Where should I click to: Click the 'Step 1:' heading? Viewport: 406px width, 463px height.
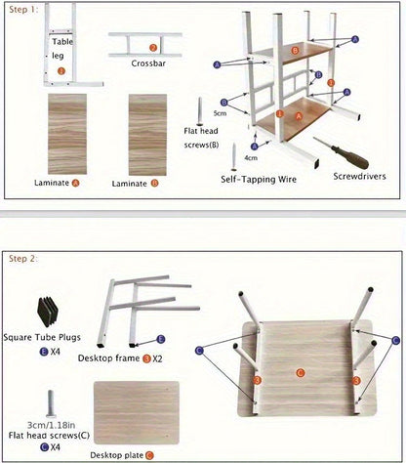tap(23, 10)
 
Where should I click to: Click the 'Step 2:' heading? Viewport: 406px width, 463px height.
tap(23, 259)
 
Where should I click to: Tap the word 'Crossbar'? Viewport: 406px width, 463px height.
tap(148, 63)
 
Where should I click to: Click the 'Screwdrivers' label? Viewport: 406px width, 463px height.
tap(359, 177)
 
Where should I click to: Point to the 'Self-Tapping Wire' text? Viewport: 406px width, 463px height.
tap(259, 180)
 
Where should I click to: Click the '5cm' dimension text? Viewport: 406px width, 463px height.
tap(220, 113)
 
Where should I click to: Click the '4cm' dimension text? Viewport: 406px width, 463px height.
tap(251, 158)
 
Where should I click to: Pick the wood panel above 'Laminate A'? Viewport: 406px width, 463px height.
tap(67, 134)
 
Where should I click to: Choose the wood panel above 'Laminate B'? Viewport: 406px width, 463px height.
tap(147, 135)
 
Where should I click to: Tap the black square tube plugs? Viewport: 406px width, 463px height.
tap(48, 312)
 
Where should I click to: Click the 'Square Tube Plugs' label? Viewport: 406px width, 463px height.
tap(42, 337)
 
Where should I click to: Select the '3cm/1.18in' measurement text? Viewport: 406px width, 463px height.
tap(51, 425)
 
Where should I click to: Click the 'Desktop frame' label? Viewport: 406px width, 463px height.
tap(108, 358)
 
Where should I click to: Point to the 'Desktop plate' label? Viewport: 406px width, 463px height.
tap(116, 455)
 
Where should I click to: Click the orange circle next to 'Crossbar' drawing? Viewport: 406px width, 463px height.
tap(153, 48)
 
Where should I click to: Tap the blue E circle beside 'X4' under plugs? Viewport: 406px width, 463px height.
tap(43, 352)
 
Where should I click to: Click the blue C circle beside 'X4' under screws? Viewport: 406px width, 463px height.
tap(44, 447)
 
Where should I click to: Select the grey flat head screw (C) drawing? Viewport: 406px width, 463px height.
tap(51, 403)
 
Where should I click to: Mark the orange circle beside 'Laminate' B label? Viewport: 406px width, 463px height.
tap(155, 184)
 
